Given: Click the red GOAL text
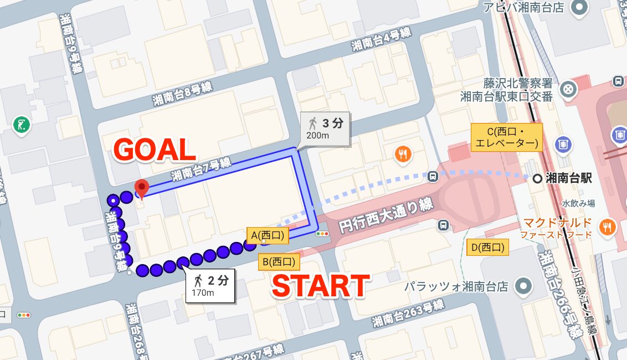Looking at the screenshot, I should (x=155, y=150).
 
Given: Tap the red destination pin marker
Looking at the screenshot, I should (x=142, y=188).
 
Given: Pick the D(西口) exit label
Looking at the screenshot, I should (x=488, y=247).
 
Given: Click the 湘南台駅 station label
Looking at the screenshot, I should (x=568, y=178).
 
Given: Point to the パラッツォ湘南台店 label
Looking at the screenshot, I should (x=455, y=287).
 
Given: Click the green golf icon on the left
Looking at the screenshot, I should (x=22, y=126).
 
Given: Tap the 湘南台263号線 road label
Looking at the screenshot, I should (x=408, y=312).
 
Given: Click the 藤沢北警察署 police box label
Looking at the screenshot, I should (x=510, y=84).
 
